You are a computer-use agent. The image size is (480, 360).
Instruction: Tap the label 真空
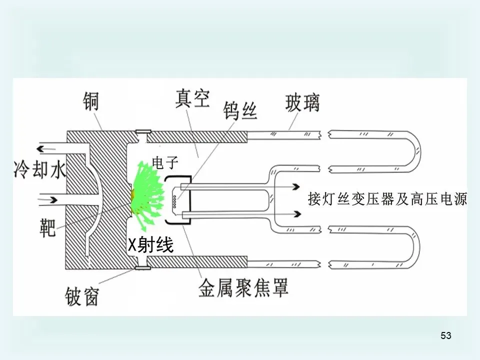point(192,99)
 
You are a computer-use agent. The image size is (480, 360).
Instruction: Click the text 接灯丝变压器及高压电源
point(387,200)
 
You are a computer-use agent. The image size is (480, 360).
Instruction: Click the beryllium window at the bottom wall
point(143,269)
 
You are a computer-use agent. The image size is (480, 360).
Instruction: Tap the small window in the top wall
point(143,132)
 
